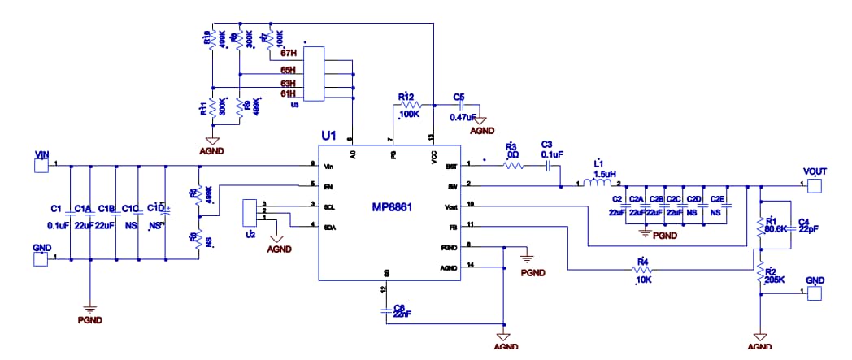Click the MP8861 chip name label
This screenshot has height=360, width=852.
click(391, 207)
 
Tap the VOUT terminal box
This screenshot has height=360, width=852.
click(814, 185)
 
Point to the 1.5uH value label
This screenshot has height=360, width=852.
click(603, 174)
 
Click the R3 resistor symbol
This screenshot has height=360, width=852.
click(513, 166)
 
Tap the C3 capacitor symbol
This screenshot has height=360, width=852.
click(550, 166)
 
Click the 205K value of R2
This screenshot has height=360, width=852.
click(776, 280)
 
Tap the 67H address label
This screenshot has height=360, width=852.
click(289, 54)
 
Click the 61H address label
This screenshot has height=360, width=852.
click(289, 93)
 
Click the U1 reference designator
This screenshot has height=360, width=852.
click(329, 137)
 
